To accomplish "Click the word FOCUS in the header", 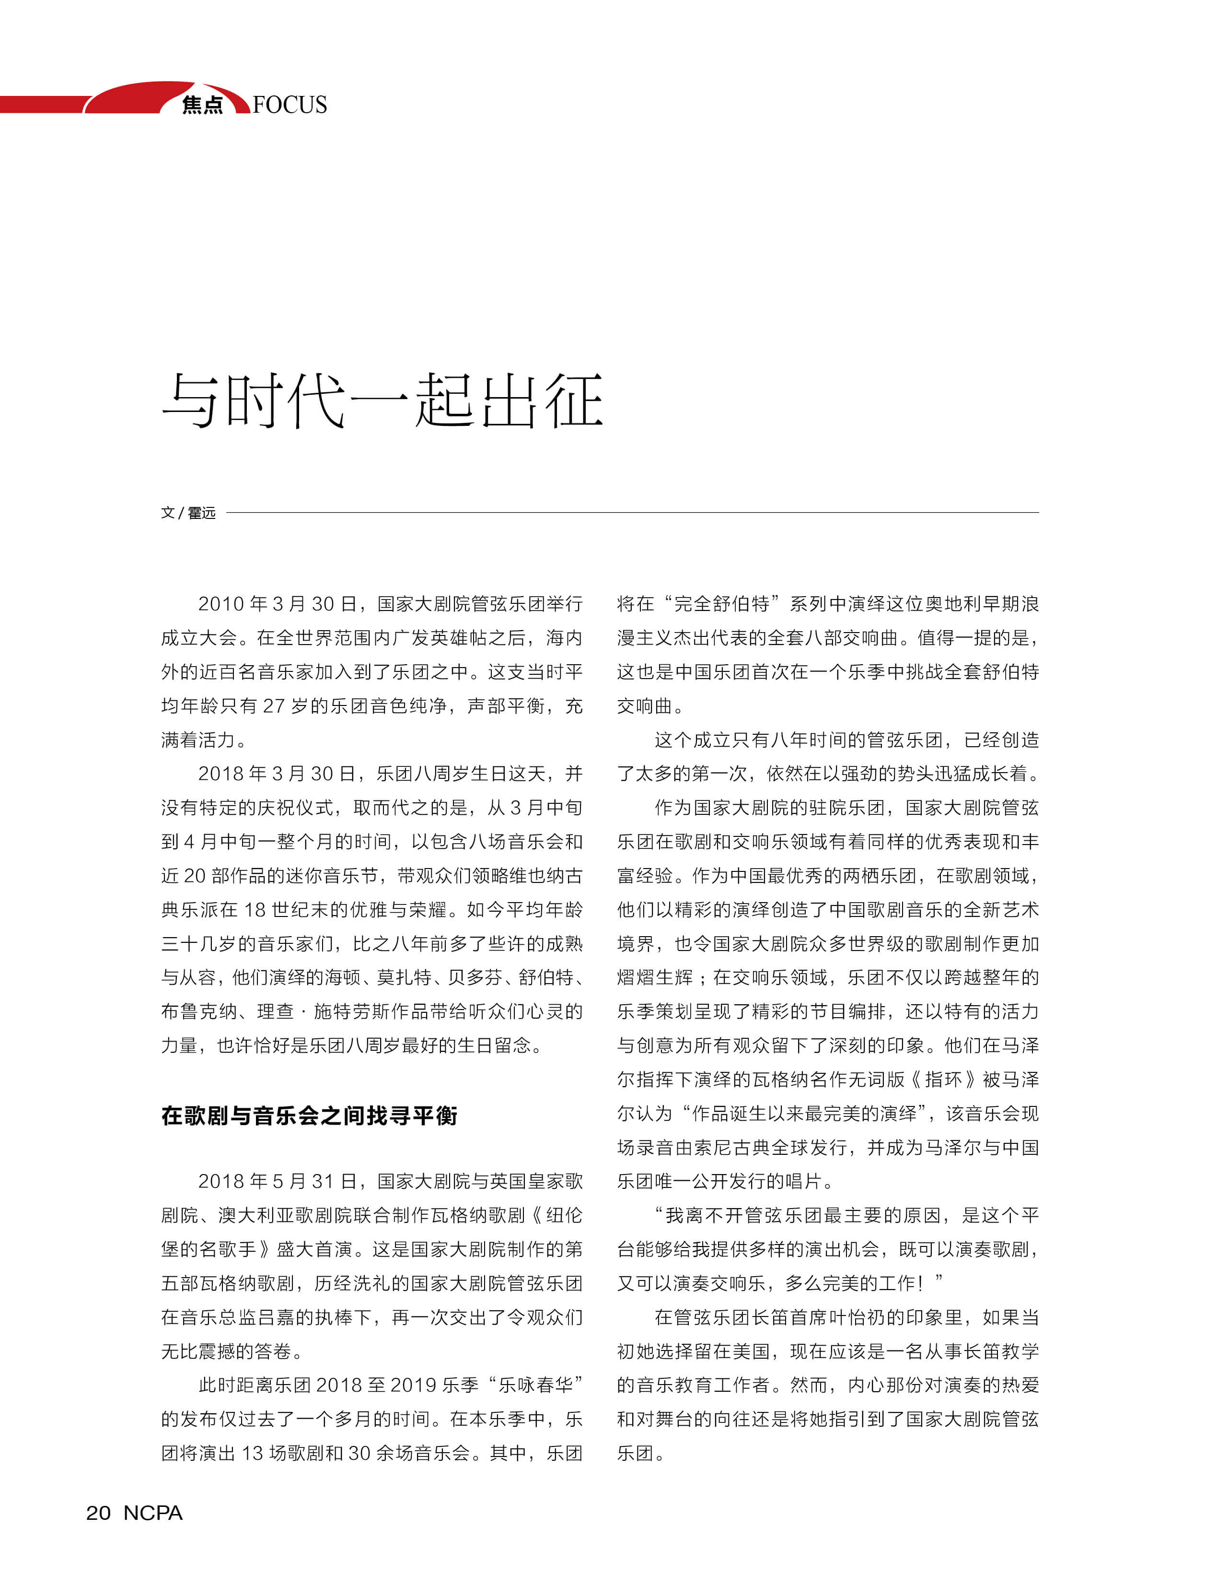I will pyautogui.click(x=290, y=105).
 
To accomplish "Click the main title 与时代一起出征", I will pyautogui.click(x=382, y=401).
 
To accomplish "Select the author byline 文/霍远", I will pyautogui.click(x=188, y=513).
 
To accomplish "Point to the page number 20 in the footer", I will pyautogui.click(x=99, y=1513).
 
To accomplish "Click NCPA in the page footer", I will pyautogui.click(x=153, y=1513).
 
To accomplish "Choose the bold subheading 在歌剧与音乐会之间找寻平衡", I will pyautogui.click(x=309, y=1116).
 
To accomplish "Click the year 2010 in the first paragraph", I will pyautogui.click(x=221, y=604).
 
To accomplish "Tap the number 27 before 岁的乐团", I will pyautogui.click(x=273, y=706).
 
